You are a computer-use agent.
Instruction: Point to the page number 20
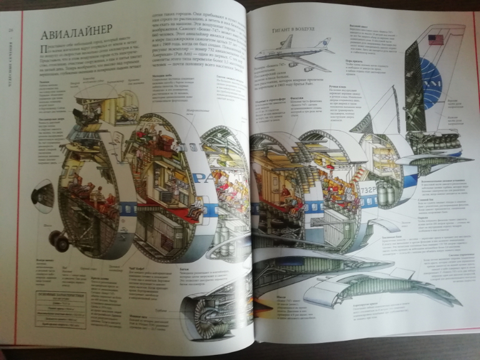click(x=11, y=31)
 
